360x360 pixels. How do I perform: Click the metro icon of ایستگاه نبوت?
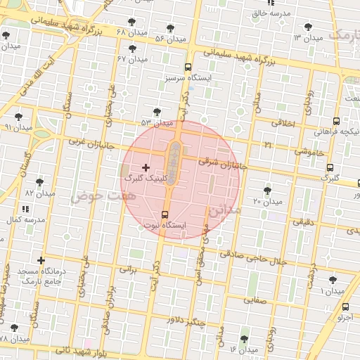pos(165,214)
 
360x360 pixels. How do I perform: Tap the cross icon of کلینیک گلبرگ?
pos(146,167)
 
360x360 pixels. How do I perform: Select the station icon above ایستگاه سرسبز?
pos(187,67)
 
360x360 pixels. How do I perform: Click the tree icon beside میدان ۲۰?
pos(267,190)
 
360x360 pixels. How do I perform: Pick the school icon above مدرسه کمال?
pos(26,209)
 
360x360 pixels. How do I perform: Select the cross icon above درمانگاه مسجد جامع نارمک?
pos(41,260)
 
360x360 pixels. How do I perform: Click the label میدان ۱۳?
pos(307,37)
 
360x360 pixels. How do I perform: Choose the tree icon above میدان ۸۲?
pos(40,181)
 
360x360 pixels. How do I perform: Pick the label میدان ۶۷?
pos(132,59)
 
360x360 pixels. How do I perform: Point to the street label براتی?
pos(127,269)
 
